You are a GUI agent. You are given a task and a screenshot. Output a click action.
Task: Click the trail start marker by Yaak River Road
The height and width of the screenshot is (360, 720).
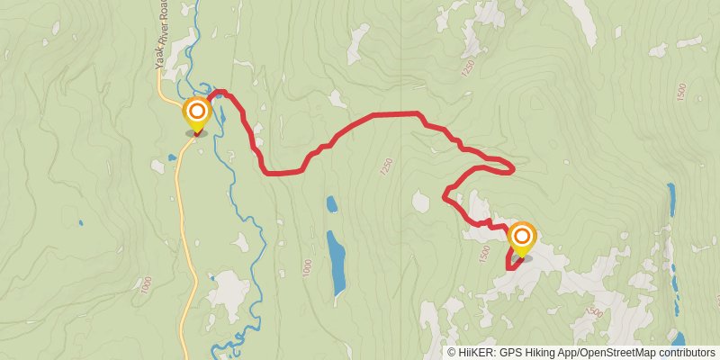[196, 114]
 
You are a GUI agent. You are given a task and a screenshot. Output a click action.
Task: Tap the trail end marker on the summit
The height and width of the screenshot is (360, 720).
[521, 238]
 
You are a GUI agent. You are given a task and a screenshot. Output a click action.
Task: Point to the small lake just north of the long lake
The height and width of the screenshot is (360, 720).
[331, 204]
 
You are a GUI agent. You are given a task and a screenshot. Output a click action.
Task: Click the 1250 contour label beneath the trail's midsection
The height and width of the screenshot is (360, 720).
[386, 166]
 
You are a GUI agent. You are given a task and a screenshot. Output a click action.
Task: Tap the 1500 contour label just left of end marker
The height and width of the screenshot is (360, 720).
[487, 255]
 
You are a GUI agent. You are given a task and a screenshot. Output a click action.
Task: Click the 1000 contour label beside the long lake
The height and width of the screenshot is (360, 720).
[307, 267]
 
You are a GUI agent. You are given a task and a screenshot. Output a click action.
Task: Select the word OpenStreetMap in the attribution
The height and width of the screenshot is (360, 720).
[611, 353]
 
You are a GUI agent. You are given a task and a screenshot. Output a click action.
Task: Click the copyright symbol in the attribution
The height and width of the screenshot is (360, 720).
[452, 353]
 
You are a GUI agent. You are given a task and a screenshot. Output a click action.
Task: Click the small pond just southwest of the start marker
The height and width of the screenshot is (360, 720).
[171, 158]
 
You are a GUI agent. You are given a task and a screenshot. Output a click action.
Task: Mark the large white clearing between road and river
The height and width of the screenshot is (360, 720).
[229, 292]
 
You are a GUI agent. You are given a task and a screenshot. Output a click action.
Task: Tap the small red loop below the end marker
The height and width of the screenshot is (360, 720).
[514, 262]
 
